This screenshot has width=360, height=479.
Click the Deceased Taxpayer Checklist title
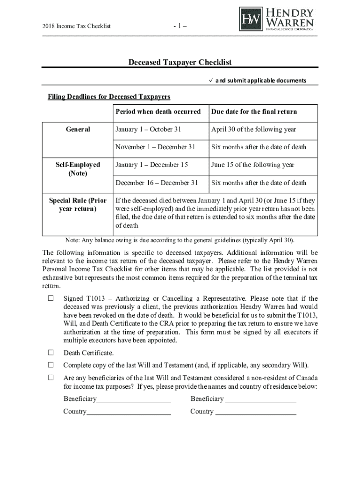(x=180, y=63)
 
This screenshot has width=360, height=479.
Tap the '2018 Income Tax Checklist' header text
(x=76, y=26)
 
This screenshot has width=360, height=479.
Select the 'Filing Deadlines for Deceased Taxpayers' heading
(x=109, y=97)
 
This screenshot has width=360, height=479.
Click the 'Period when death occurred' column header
(x=158, y=112)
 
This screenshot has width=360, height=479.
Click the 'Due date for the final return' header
(x=254, y=112)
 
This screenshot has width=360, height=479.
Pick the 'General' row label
(x=78, y=130)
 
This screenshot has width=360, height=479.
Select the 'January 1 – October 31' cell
(x=148, y=130)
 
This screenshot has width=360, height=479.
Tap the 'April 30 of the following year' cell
(x=253, y=130)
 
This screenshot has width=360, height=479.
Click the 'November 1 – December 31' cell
(x=155, y=147)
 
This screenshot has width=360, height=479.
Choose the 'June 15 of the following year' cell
(x=252, y=165)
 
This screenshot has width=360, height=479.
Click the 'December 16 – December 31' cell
(x=157, y=183)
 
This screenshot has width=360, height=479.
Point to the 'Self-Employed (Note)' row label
(x=78, y=169)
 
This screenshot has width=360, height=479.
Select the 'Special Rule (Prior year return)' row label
(x=78, y=204)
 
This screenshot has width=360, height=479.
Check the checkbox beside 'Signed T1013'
(x=51, y=298)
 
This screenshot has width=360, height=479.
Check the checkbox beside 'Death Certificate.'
(x=51, y=353)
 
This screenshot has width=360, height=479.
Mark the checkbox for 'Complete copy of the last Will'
(x=51, y=365)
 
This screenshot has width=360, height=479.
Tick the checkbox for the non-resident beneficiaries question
(x=51, y=377)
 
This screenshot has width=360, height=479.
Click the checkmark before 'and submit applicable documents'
(x=210, y=80)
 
